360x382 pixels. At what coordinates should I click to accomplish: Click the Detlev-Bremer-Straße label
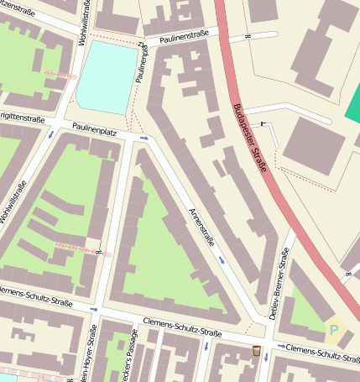285,285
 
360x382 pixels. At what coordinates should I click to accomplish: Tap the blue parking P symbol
337,330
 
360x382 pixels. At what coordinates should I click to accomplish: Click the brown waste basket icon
256,349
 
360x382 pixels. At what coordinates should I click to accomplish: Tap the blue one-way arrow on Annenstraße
222,260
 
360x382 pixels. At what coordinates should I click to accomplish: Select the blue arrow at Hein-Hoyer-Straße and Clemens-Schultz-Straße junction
93,309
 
